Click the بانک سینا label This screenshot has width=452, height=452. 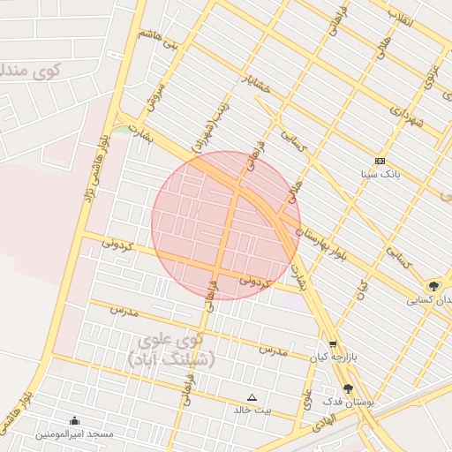[x=380, y=175]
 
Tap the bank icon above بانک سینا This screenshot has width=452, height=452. [x=380, y=161]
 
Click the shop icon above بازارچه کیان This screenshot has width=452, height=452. [x=332, y=345]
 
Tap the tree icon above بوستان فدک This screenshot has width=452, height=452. [x=348, y=388]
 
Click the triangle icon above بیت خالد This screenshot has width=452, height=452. [x=252, y=397]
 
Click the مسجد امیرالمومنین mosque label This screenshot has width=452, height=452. [x=74, y=434]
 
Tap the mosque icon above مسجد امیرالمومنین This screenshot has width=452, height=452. [x=74, y=420]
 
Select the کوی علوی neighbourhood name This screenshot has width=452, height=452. [x=171, y=339]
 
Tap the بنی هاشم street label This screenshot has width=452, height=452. [x=158, y=39]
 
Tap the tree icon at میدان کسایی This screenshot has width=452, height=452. [x=433, y=286]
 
